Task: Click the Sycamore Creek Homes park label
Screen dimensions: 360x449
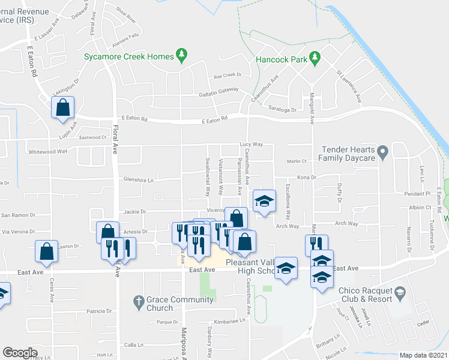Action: click(130, 56)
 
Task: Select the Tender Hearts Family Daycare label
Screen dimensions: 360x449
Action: click(348, 154)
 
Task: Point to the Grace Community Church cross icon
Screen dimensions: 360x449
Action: click(137, 300)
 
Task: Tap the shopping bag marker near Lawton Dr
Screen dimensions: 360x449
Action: click(46, 252)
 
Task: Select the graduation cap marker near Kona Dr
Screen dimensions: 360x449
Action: click(264, 201)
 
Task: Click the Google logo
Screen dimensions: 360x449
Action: click(20, 353)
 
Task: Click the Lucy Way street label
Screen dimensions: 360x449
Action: click(252, 145)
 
